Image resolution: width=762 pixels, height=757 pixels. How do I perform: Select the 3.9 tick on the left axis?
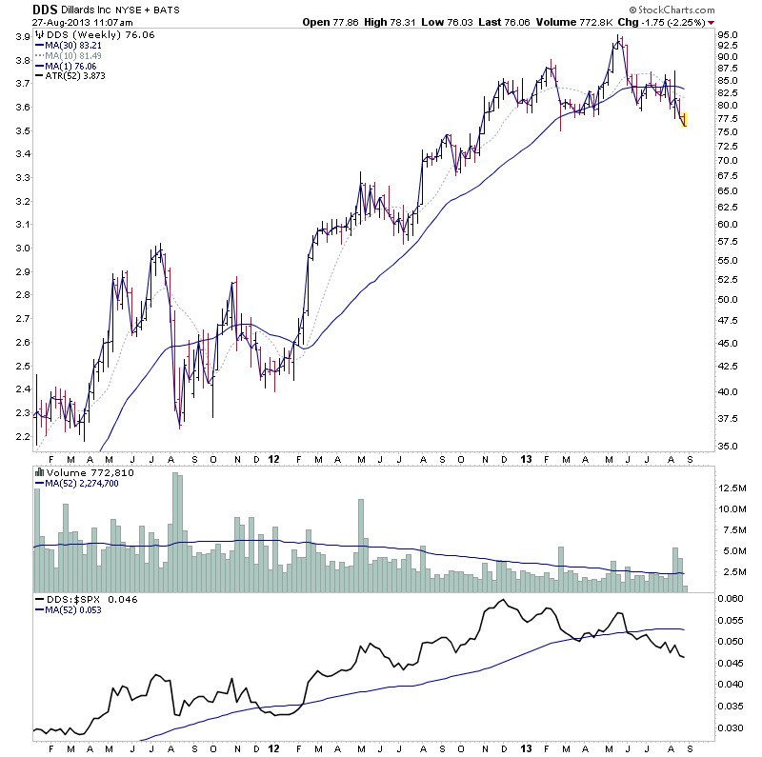(x=21, y=37)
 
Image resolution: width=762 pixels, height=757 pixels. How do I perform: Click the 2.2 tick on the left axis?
(x=21, y=435)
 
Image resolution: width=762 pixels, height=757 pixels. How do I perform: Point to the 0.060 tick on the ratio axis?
(x=732, y=598)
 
